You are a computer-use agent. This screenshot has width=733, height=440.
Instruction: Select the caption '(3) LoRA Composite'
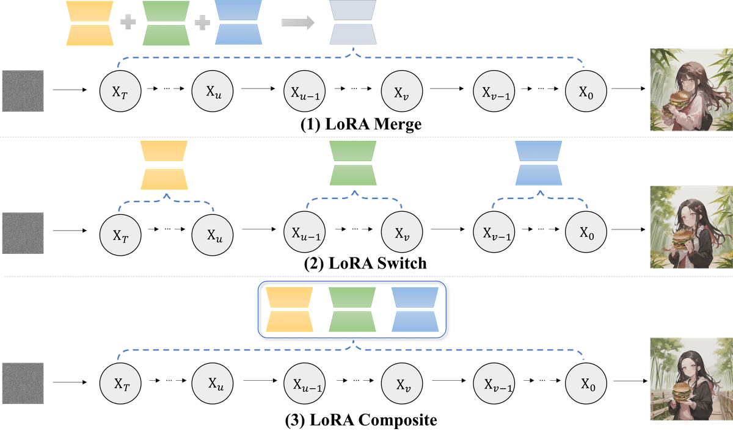(x=361, y=420)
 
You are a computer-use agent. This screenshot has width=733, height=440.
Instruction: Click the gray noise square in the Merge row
(x=23, y=92)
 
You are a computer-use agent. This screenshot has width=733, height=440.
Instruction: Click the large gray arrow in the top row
(x=297, y=23)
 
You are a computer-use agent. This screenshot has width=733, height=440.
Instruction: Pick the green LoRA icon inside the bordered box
(x=352, y=311)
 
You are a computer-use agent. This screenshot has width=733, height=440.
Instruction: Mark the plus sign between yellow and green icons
(x=126, y=23)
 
